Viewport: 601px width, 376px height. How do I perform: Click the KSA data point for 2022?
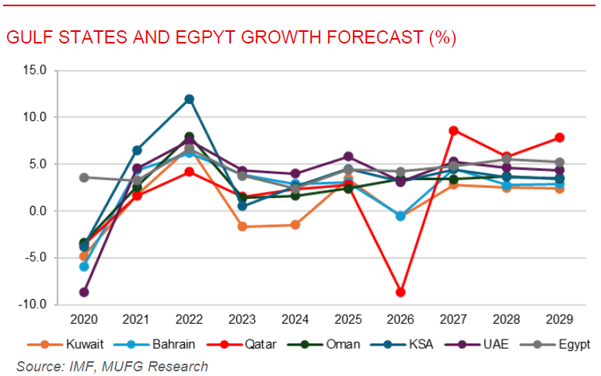(x=189, y=99)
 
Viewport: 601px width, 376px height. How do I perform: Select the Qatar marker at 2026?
(x=400, y=292)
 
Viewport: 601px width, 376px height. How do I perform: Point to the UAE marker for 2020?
(x=84, y=292)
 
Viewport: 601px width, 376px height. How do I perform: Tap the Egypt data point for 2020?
(x=84, y=177)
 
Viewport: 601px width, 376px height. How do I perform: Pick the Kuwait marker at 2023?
(x=242, y=227)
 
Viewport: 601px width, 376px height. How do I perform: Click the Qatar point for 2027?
(x=453, y=131)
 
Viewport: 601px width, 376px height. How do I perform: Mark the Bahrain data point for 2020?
(x=84, y=266)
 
